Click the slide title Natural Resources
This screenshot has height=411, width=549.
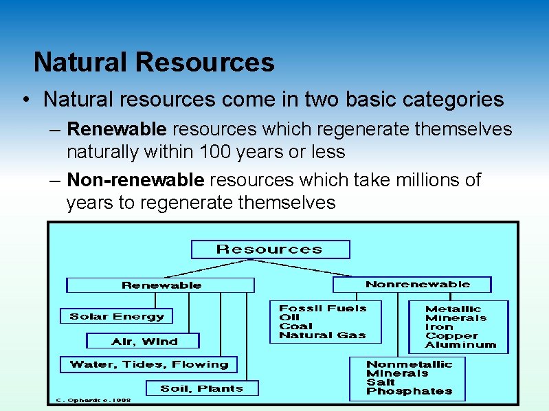154,63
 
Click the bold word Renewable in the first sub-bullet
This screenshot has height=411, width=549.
117,129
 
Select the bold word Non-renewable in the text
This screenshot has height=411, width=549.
135,180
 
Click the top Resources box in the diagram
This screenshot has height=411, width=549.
269,249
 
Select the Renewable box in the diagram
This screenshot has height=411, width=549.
161,285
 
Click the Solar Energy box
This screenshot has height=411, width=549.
116,317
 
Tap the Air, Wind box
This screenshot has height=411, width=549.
144,342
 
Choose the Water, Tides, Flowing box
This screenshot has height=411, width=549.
148,364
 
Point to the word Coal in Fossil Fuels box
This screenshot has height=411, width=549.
295,326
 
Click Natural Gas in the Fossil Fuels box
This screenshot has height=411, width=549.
322,335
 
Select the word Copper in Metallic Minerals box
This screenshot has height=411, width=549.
451,336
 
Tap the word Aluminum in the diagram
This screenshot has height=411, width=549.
460,345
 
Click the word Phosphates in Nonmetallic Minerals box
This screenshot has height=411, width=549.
409,391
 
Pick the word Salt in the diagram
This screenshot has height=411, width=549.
381,382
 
